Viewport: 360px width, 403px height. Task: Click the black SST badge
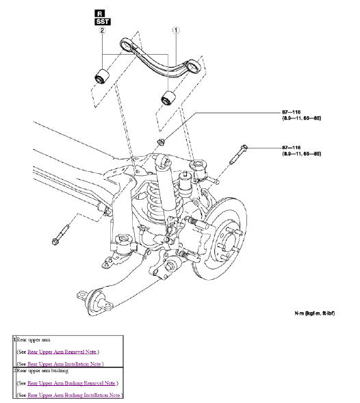(101, 22)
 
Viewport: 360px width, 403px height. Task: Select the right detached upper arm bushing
(168, 98)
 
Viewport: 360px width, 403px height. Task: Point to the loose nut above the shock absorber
(162, 142)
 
